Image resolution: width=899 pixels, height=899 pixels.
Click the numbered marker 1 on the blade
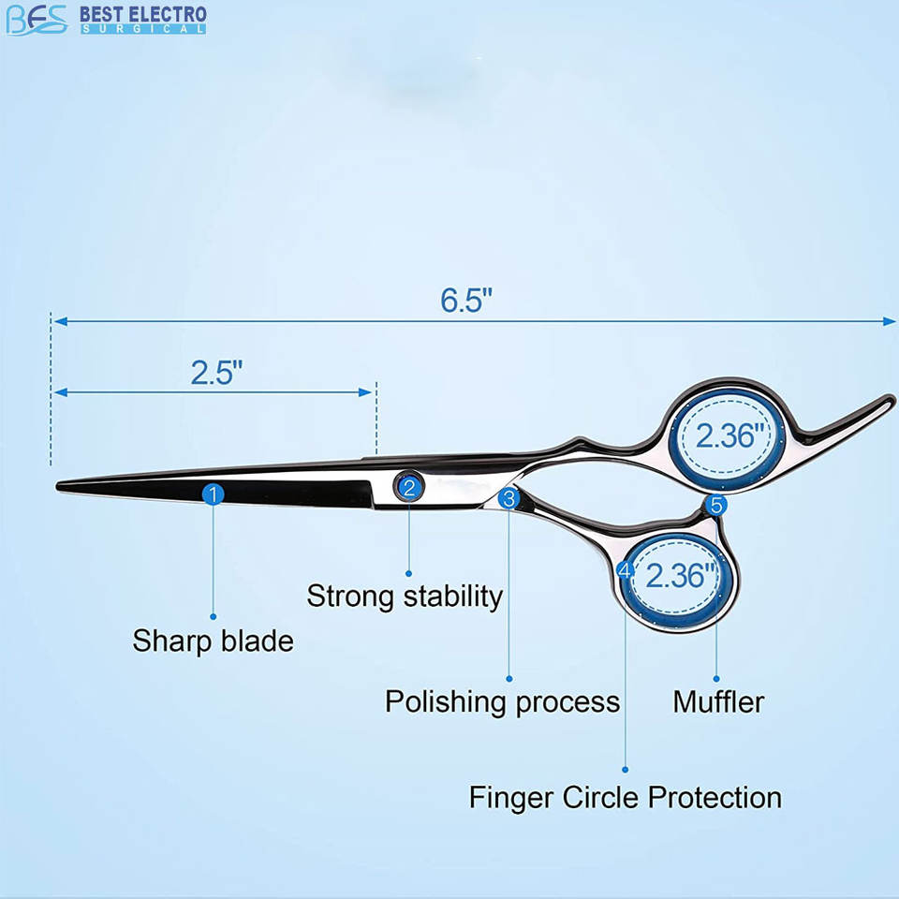pos(214,494)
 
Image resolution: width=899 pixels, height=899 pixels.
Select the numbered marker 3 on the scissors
pos(508,499)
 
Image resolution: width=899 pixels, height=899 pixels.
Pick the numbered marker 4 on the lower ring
pos(626,568)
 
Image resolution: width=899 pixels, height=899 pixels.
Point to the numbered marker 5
pos(716,506)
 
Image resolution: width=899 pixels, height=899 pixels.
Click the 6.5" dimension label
pos(466,300)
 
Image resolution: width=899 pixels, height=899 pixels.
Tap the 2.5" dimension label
pos(217,372)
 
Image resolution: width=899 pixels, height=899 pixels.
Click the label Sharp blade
pos(213,641)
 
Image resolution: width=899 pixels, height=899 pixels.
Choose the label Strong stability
pos(405,596)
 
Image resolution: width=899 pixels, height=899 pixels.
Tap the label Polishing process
pos(502,701)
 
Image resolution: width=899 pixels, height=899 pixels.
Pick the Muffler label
pos(718,701)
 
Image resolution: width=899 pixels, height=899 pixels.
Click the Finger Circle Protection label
pos(625,798)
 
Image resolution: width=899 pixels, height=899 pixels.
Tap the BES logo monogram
pos(37,19)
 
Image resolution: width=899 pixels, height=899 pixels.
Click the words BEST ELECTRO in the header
pos(142,15)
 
